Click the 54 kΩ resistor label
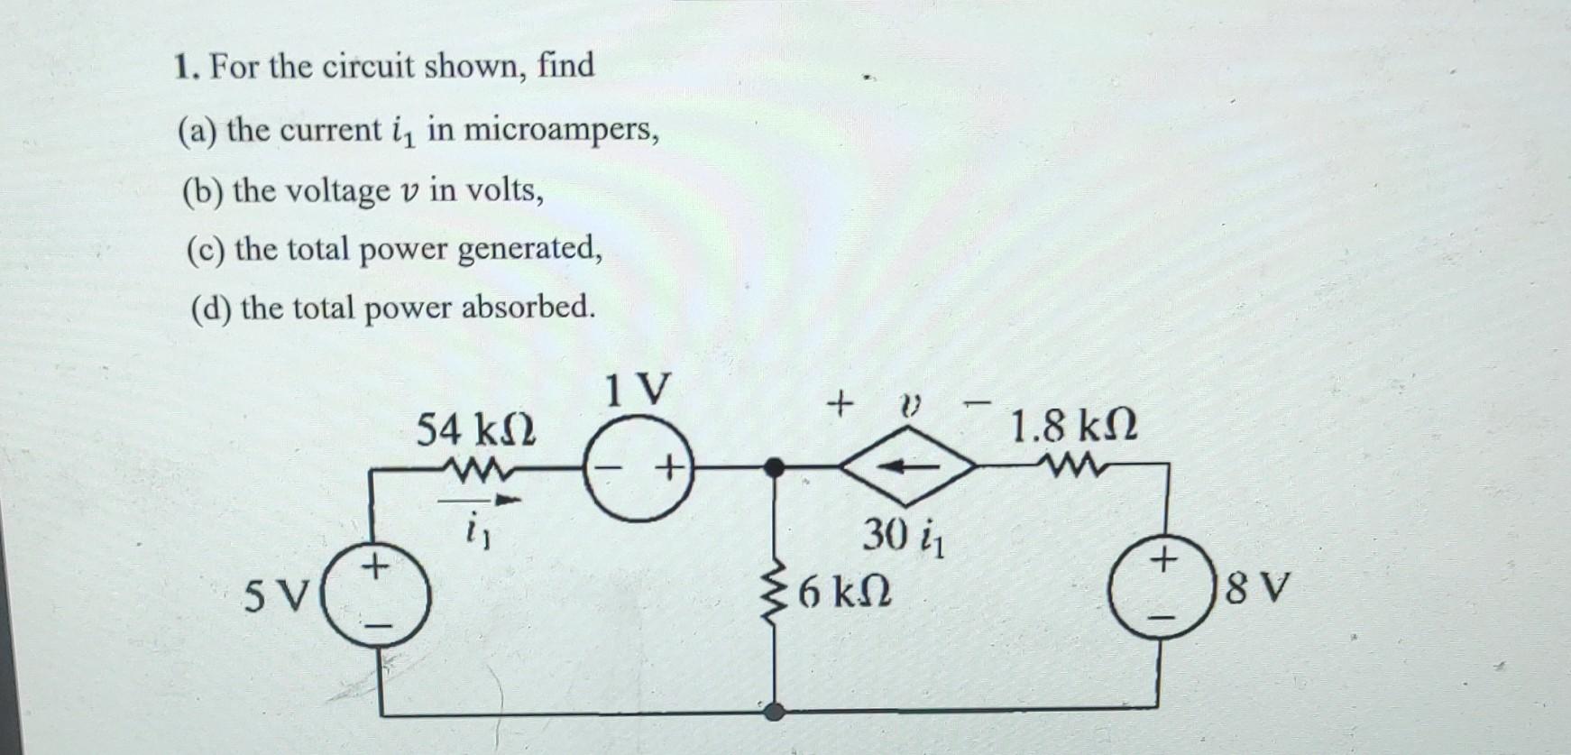(475, 429)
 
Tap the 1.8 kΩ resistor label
(1073, 425)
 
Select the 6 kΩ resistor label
(845, 593)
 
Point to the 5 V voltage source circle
(378, 595)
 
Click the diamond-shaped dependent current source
(907, 466)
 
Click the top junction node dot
(773, 467)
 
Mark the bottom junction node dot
(773, 712)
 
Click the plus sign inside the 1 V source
(669, 469)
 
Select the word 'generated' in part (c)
(528, 248)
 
